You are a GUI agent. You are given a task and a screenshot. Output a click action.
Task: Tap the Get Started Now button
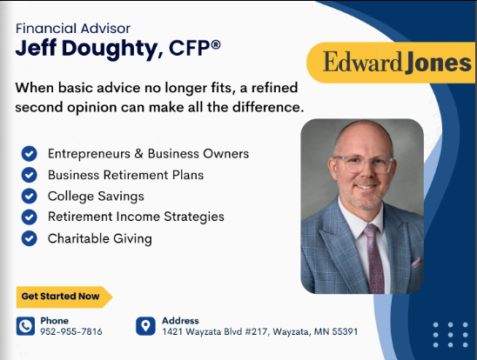click(61, 297)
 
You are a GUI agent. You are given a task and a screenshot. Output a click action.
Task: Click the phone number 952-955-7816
click(71, 331)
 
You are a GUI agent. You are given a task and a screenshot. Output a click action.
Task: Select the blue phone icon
click(26, 326)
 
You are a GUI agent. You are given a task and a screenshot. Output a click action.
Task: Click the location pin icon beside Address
click(145, 326)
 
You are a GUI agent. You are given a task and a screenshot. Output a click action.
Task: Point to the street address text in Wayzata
click(259, 331)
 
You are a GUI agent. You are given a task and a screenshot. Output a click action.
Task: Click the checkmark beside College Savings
click(30, 196)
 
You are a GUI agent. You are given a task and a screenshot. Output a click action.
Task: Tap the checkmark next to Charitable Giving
click(30, 237)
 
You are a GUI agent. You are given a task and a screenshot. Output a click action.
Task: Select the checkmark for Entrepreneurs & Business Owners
click(30, 154)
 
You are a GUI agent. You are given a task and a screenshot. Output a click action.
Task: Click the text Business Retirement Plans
click(125, 175)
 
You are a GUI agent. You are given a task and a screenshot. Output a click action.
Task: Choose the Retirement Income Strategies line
click(136, 217)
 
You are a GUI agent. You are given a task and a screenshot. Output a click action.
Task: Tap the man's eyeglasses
click(363, 163)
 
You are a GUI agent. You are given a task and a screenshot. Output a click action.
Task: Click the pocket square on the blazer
click(416, 262)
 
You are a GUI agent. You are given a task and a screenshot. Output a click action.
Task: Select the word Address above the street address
click(180, 320)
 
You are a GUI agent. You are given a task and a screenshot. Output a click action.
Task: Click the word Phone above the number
click(54, 320)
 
